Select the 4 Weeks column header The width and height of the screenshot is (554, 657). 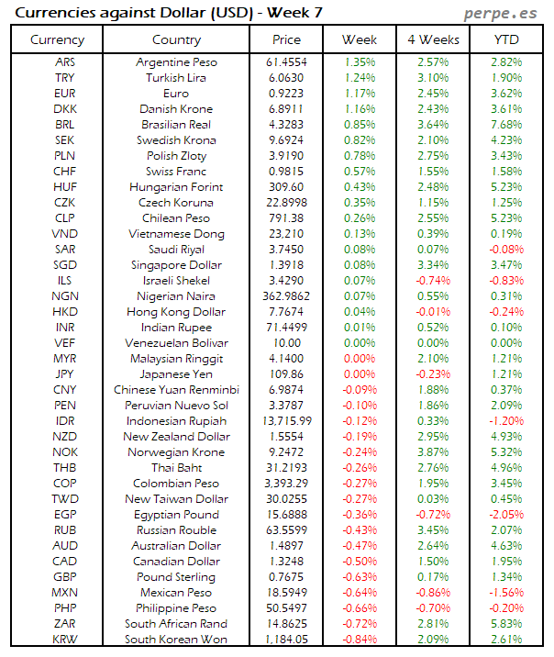tap(433, 39)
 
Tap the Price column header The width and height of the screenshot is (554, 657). tap(287, 39)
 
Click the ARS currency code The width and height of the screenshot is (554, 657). tap(66, 61)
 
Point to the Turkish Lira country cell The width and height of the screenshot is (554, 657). tap(176, 77)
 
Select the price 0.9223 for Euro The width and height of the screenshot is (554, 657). tap(287, 93)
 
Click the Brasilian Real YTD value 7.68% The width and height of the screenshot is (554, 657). tap(507, 124)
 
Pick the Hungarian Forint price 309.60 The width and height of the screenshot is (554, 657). tap(287, 186)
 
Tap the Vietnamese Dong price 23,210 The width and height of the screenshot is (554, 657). tap(287, 233)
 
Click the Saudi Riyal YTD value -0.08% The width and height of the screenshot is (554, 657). tap(506, 249)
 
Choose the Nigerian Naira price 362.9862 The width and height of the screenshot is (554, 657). tap(287, 295)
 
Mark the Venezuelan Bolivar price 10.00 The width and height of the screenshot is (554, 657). tap(287, 342)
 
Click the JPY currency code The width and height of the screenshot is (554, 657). tap(66, 373)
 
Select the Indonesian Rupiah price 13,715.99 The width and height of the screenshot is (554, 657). tap(287, 420)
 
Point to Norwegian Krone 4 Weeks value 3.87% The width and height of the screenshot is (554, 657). tap(433, 451)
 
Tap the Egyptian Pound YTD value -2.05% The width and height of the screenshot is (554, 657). tap(506, 514)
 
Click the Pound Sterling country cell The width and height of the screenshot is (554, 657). tap(176, 576)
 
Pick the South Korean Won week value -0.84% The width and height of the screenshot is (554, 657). tap(360, 639)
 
